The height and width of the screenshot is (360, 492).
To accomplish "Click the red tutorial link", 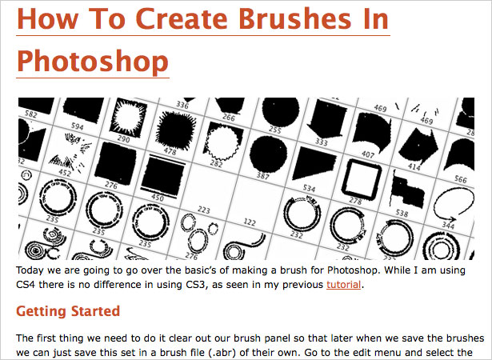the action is click(x=343, y=285).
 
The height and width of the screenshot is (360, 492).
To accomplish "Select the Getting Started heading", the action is click(x=68, y=311).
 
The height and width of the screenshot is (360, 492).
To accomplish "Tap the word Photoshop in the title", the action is click(x=93, y=62).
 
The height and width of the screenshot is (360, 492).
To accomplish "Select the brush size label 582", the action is click(x=30, y=114).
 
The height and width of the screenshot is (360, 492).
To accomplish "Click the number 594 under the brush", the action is click(x=77, y=126).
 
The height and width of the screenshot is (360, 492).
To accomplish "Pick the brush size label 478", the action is click(x=170, y=151).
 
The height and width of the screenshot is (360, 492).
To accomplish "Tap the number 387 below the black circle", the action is click(x=263, y=176).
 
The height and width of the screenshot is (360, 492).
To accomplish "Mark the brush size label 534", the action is click(x=309, y=188).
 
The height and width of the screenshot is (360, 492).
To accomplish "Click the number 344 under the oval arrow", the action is click(x=448, y=225).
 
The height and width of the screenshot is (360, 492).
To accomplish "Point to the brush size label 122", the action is click(x=250, y=222).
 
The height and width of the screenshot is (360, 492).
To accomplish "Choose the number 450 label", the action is click(x=158, y=198).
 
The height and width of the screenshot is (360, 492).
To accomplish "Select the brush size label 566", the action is click(x=461, y=179).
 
